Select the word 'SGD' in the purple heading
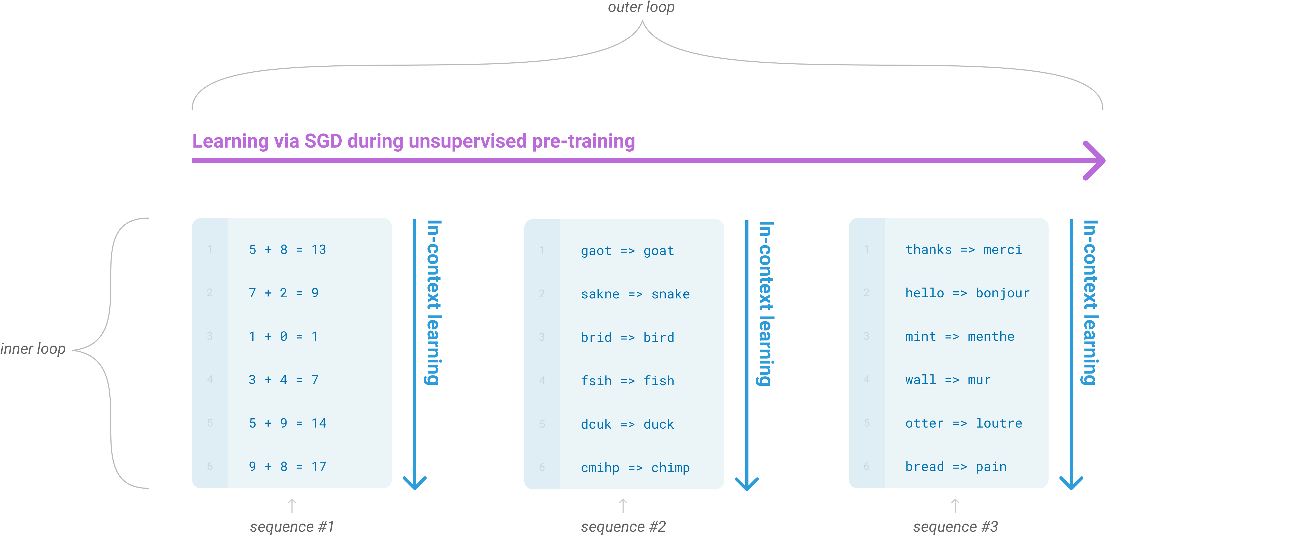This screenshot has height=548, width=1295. (323, 141)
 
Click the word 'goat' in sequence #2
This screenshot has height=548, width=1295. (659, 251)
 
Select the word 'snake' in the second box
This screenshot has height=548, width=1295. (671, 294)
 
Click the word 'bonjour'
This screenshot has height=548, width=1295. (1002, 293)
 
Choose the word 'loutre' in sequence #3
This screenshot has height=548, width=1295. (999, 423)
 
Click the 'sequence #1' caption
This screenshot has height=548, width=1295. (292, 526)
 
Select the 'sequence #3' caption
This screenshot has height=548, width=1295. (955, 526)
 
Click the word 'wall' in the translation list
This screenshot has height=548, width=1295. (921, 380)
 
